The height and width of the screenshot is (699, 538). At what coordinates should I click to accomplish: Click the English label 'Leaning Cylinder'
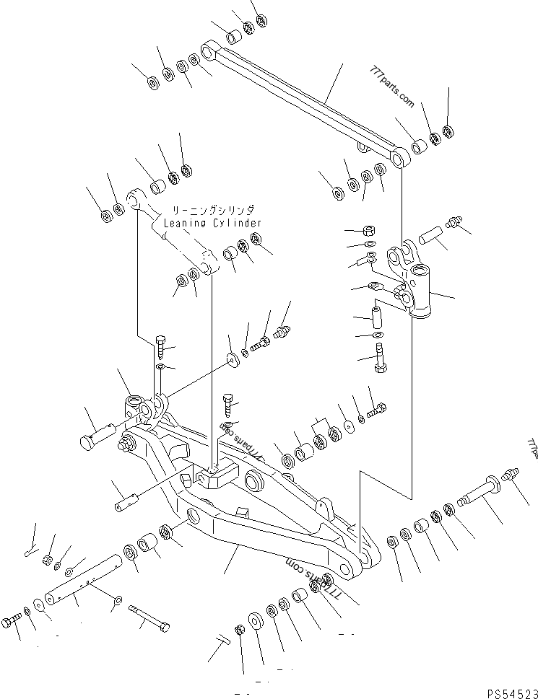point(212,223)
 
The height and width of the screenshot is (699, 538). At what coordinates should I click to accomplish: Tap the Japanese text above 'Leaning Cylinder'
point(212,210)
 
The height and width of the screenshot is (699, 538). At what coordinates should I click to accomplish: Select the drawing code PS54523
point(511,693)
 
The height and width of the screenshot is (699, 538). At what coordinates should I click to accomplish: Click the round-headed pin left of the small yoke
point(97,438)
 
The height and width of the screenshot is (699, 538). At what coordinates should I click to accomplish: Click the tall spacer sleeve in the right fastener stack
point(377,316)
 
